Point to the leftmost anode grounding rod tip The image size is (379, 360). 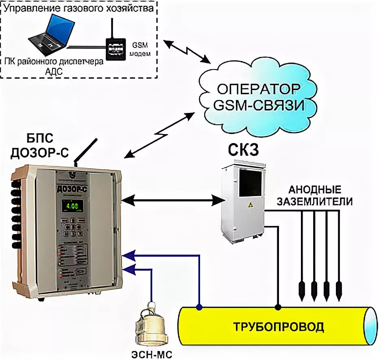(x=301, y=289)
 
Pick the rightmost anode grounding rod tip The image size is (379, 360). (x=339, y=289)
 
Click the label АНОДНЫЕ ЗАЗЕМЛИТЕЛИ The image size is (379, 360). (x=315, y=195)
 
